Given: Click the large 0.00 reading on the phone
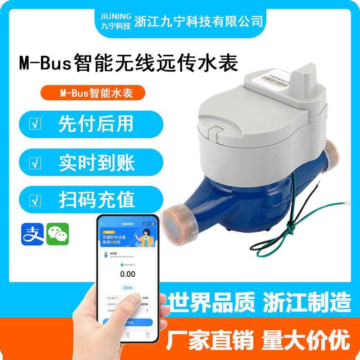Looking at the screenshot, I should click(127, 274).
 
